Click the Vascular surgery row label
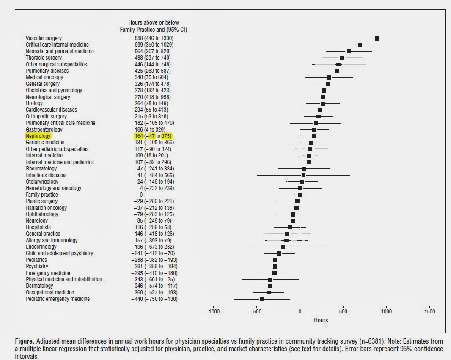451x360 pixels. pos(44,38)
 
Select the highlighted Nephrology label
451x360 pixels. pos(38,136)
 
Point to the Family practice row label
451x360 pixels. pos(42,195)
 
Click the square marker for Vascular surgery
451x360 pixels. pos(377,38)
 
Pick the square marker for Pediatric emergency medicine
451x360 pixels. pos(261,299)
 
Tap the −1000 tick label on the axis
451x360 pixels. pos(212,311)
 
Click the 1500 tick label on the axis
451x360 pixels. pos(429,311)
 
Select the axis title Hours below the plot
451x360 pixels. pos(321,320)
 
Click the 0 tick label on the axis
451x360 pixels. pos(300,311)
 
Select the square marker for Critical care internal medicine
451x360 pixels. pos(360,44)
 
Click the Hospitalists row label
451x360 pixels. pos(38,227)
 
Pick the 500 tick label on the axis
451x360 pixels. pos(343,311)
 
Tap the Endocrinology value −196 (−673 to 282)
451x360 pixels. pos(154,247)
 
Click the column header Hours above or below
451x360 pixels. pos(154,22)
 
